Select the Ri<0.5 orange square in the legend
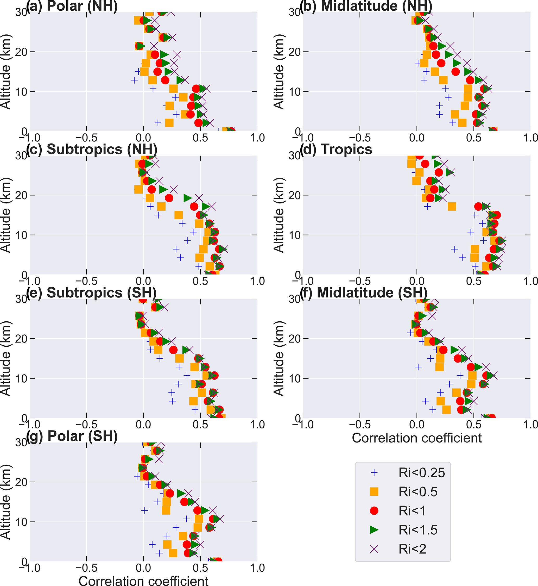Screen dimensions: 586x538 point(374,492)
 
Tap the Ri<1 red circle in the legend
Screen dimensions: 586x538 point(374,511)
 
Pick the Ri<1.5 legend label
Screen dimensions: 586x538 point(418,530)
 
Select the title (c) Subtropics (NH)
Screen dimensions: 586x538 point(92,149)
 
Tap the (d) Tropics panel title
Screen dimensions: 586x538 point(336,149)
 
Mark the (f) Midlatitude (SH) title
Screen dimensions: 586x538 point(364,292)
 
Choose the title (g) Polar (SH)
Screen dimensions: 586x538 point(72,436)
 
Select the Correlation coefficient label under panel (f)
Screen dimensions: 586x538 point(417,438)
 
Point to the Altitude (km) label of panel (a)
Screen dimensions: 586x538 point(6,72)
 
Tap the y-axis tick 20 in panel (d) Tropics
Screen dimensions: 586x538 point(294,195)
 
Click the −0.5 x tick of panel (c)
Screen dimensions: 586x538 point(86,281)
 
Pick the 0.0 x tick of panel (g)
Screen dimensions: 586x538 point(143,568)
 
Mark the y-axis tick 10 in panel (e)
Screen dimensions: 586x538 point(21,378)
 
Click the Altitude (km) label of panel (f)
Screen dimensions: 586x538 point(279,358)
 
